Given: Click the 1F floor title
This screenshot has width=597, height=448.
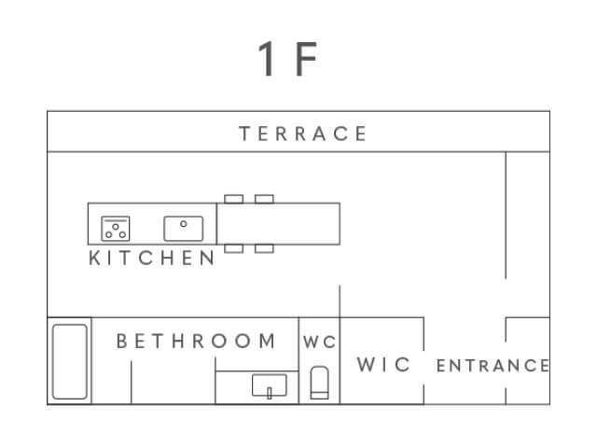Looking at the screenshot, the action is pos(287,59).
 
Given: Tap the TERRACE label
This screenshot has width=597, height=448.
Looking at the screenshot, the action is pos(302,133).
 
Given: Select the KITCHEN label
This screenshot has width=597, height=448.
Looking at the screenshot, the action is pos(151,258).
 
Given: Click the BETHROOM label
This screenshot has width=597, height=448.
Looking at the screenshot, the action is pos(196,341).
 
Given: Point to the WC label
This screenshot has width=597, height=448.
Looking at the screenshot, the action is pos(319,342).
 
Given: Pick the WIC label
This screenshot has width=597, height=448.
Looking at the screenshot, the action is pos(383,364).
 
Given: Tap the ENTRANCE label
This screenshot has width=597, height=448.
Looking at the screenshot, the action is pos(493,366).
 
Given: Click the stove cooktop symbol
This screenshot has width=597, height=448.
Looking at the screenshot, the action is pos(116,229).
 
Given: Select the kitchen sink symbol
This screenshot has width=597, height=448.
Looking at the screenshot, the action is pos(184,229).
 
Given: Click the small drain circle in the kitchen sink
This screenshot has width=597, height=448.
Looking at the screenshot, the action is pos(184,224).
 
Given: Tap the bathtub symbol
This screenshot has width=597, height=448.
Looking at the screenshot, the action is pos(70,361).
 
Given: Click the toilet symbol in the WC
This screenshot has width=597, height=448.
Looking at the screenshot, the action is pos(319,383).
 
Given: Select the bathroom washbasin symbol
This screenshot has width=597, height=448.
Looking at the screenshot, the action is pos(270,385).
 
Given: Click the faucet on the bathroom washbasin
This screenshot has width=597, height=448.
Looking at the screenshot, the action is pos(270,393).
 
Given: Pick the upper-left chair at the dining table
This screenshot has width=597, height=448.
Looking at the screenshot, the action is pos(234,199).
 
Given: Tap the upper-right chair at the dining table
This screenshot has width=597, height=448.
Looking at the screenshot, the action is pos(264,199).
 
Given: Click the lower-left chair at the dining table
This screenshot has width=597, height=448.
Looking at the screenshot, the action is pos(234,248).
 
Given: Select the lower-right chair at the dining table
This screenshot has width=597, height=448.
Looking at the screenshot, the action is pos(264,248).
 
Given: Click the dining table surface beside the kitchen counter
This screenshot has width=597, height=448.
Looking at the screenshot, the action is pos(278,224).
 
